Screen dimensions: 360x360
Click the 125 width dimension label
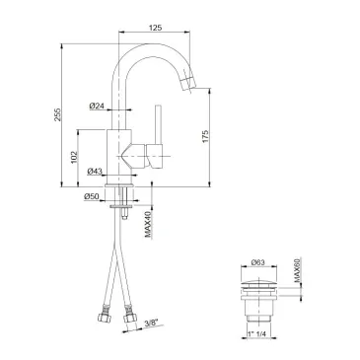155,28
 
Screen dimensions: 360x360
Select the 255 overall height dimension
57,114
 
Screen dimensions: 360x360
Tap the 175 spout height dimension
205,137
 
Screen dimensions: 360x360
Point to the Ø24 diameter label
97,106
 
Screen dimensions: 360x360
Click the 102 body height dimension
74,157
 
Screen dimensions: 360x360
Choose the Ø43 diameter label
95,171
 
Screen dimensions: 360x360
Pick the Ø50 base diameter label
92,196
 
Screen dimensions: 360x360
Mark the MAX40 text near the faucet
148,224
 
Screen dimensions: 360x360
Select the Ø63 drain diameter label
258,262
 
